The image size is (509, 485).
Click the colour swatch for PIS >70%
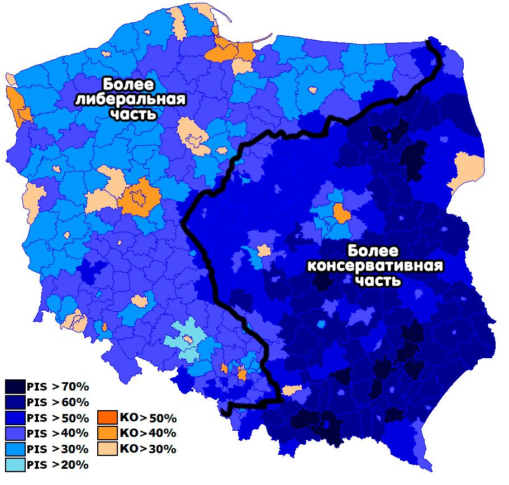(x=15, y=387)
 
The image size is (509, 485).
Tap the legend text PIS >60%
(x=58, y=402)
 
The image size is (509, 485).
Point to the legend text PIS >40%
(x=58, y=433)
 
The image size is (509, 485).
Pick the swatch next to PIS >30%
(x=15, y=449)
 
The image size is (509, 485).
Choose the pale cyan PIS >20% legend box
(x=15, y=464)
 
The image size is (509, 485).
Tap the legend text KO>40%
(x=148, y=433)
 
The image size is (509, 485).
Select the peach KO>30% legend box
(x=107, y=449)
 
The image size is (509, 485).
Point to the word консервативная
(x=375, y=265)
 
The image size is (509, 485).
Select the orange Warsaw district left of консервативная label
(x=340, y=213)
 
